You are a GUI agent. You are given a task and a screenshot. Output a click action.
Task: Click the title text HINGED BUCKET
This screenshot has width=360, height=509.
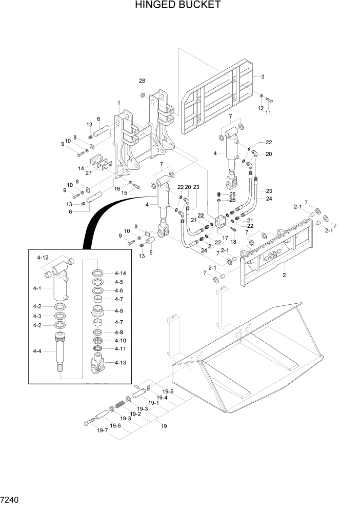tap(178, 5)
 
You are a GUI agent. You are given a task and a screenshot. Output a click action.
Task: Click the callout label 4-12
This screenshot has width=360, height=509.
tap(43, 257)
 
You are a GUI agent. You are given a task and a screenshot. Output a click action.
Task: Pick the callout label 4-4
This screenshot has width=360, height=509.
tap(37, 351)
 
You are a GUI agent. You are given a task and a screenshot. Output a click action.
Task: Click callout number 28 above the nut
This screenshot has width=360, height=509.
tap(142, 81)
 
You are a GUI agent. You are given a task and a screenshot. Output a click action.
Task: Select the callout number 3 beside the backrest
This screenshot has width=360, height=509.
tap(262, 77)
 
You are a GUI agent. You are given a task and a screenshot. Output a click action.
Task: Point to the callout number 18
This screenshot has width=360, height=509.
tap(233, 242)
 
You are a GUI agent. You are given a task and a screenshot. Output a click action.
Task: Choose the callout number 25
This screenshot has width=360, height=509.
tap(232, 194)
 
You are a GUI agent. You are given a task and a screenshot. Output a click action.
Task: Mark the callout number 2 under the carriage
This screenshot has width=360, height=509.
tap(284, 275)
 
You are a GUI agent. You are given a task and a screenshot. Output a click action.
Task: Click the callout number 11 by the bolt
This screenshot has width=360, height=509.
tap(268, 112)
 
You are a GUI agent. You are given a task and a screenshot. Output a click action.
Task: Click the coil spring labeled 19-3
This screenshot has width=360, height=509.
tap(120, 404)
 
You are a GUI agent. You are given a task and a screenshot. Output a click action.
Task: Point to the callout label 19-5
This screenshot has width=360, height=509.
tap(167, 391)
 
